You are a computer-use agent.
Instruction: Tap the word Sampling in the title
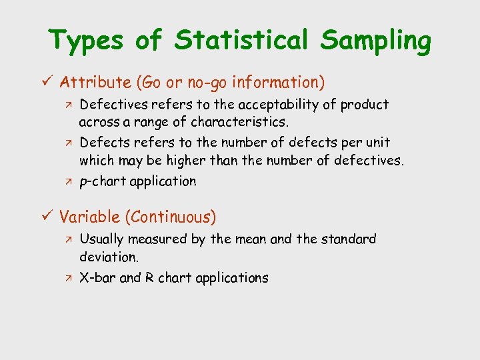tap(375, 42)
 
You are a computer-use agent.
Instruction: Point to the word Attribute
tap(96, 83)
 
